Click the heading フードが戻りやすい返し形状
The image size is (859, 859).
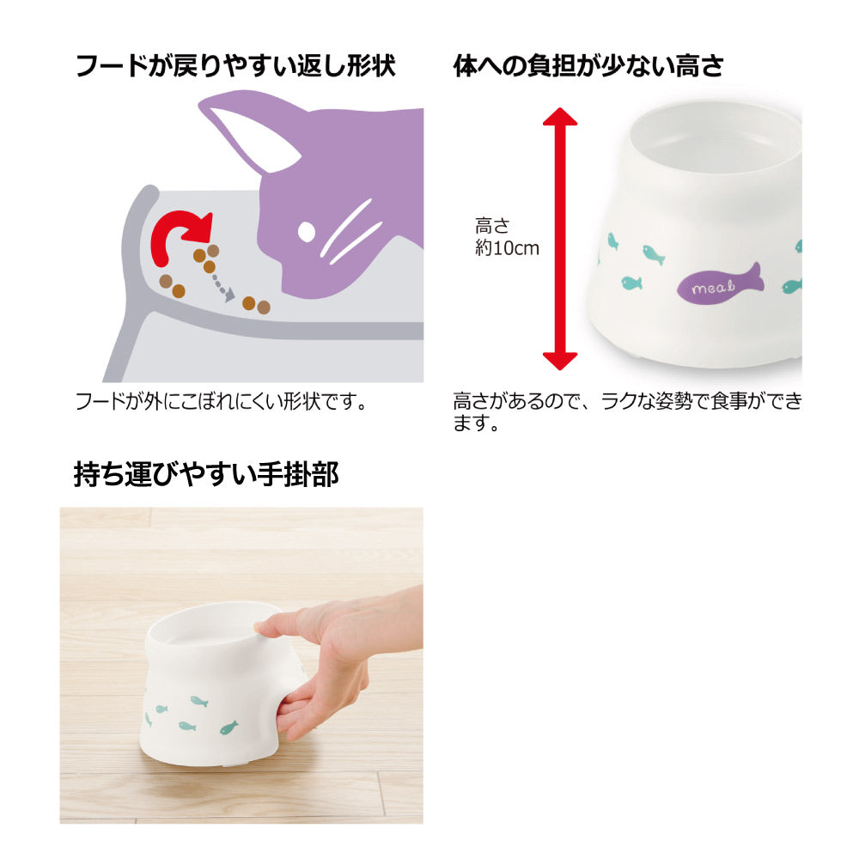click(236, 66)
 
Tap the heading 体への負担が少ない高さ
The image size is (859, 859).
click(588, 66)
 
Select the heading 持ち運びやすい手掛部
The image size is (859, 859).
click(206, 474)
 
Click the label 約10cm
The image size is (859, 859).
click(507, 249)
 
